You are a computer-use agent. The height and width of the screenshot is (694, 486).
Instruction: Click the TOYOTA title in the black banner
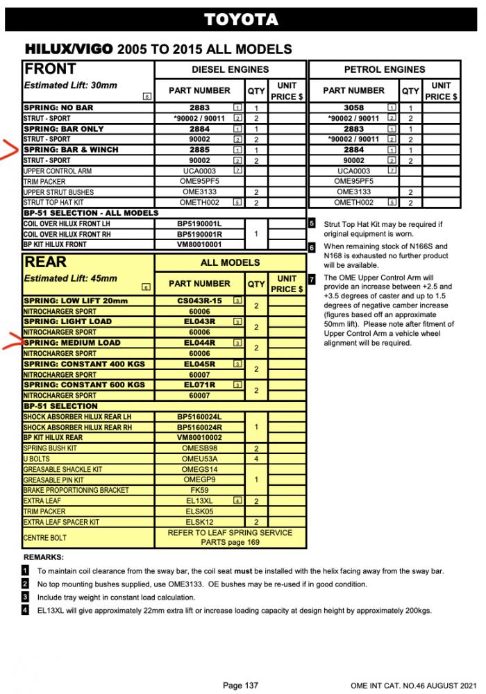point(241,20)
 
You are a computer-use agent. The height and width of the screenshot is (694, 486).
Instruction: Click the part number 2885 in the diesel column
point(199,150)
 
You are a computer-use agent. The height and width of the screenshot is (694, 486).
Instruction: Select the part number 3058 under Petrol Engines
point(353,108)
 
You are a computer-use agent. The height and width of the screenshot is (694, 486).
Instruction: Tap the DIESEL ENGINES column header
point(230,69)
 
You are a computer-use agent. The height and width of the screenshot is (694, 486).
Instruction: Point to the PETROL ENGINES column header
point(384,69)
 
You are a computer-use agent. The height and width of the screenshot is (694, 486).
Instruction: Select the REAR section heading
point(46,262)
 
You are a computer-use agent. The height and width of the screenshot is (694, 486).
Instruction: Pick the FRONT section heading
point(50,69)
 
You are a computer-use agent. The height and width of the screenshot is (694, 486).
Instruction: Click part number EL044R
point(199,343)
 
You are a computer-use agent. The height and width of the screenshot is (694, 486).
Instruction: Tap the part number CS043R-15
point(199,301)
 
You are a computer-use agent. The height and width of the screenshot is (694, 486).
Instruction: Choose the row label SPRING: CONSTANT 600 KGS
point(84,384)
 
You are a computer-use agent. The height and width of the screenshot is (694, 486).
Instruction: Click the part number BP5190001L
point(199,224)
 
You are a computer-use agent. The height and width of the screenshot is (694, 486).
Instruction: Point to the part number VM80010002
point(199,438)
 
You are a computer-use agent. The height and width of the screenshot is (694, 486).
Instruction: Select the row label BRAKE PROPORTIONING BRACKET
point(76,490)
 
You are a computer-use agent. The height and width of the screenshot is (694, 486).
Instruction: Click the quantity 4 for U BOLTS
point(256,459)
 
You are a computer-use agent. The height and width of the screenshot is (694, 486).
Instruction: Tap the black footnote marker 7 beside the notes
point(312,278)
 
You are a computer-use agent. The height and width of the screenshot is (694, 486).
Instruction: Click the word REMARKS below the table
point(43,557)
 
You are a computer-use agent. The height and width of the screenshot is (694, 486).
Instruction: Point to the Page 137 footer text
point(240,686)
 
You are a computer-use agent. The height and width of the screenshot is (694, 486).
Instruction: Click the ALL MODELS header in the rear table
point(230,262)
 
